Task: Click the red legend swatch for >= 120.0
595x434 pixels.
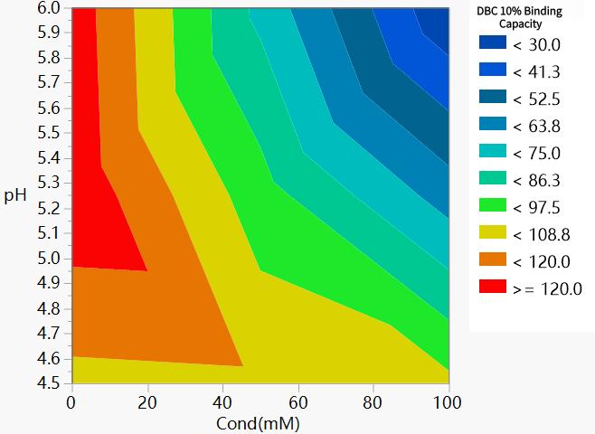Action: pos(490,288)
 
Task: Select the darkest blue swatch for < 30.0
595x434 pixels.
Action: pos(490,44)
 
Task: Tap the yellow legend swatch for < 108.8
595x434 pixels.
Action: pos(490,234)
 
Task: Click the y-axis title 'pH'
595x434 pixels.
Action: pos(14,195)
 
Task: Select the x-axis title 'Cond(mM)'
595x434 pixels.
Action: pos(260,422)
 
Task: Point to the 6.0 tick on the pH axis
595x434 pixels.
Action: pos(49,8)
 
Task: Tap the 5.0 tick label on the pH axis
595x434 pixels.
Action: pos(49,259)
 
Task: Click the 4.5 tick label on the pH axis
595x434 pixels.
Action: pos(49,383)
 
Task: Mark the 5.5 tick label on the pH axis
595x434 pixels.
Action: pos(49,133)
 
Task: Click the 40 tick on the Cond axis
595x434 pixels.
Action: pos(222,401)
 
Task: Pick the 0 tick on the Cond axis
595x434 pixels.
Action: pos(71,401)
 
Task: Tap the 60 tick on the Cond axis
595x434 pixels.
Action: pos(297,401)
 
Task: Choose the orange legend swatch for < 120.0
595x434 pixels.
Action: pos(490,261)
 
